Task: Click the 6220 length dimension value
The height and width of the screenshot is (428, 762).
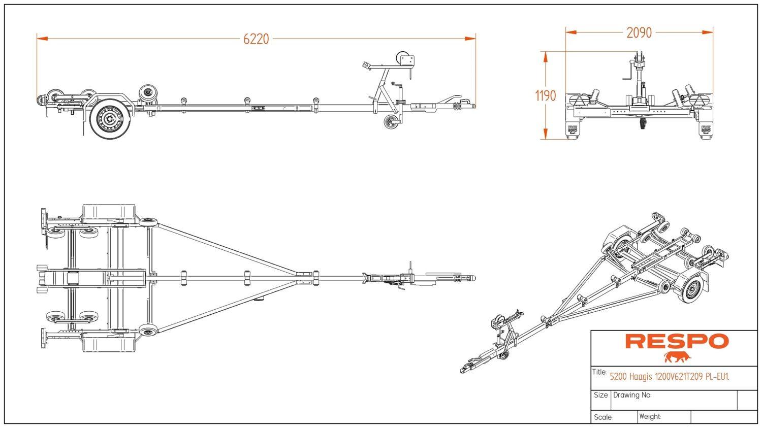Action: pos(256,39)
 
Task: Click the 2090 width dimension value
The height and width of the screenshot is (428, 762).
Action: pos(639,33)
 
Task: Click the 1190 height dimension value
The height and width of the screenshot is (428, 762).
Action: pos(546,96)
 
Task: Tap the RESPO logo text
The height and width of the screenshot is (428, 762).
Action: pos(677,341)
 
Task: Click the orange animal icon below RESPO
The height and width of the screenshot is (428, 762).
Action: pos(677,357)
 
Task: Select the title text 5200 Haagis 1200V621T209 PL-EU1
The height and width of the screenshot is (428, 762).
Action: pos(670,377)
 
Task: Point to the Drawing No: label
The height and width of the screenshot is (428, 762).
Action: pos(632,395)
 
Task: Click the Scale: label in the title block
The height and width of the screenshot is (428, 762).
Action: pos(603,417)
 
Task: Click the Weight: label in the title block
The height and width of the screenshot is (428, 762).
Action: pos(650,416)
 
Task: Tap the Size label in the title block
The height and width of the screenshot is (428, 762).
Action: pos(600,395)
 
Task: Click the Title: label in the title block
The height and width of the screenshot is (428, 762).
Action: pos(599,372)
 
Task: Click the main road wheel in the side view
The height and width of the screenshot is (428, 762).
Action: pos(110,119)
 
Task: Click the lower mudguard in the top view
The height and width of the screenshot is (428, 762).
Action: pos(109,342)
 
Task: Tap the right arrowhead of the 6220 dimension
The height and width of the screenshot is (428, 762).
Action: pos(470,39)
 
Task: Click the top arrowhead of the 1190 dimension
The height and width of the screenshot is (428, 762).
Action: pos(546,57)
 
